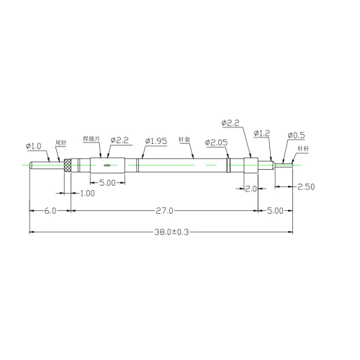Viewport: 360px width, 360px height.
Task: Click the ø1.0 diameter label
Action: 35,147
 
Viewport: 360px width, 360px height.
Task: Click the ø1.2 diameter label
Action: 261,134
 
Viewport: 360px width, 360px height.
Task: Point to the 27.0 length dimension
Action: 164,211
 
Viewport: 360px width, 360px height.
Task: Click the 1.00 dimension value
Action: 86,194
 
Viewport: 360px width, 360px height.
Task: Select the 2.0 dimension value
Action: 251,189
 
